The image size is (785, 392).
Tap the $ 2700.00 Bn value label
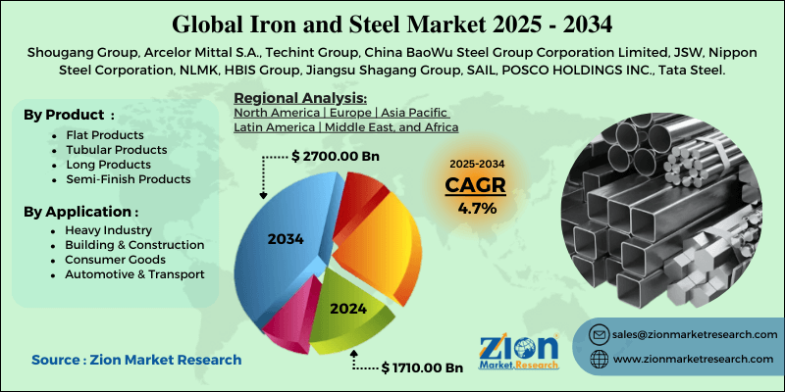(x=335, y=156)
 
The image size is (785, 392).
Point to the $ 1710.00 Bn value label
(x=422, y=368)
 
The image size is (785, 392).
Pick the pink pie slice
(x=290, y=315)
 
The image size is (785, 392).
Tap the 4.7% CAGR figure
(x=477, y=208)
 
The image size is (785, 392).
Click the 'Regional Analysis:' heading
(x=300, y=97)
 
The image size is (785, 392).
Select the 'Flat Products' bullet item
(x=105, y=135)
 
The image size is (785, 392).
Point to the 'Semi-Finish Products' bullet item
(x=129, y=179)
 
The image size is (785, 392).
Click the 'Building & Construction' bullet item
(x=134, y=245)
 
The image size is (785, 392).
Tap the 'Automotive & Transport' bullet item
(x=134, y=274)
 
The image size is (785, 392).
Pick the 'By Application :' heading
(x=81, y=212)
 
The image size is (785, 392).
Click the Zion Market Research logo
(x=519, y=352)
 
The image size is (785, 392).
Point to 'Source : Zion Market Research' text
(x=136, y=359)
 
